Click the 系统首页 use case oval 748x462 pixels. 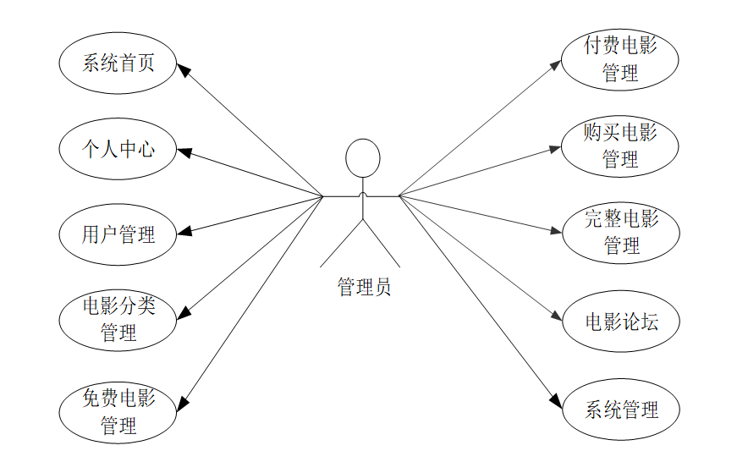118,63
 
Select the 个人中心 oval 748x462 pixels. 118,150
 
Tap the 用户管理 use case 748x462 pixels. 118,234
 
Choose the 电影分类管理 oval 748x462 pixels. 118,320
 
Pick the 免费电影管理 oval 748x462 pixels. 118,411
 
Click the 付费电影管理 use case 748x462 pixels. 620,59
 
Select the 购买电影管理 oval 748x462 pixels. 620,146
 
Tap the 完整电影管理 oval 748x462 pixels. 620,233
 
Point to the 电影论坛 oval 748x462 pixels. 620,322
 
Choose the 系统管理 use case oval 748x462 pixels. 620,410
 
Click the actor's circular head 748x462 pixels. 362,158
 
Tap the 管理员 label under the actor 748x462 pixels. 364,288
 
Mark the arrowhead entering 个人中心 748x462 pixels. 184,153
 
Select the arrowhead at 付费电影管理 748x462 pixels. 555,64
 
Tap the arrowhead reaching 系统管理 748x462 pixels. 556,401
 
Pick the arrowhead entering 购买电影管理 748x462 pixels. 555,149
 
